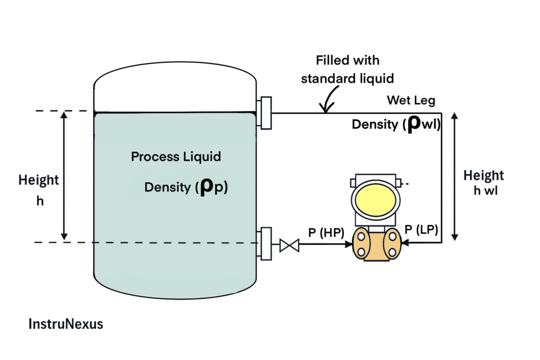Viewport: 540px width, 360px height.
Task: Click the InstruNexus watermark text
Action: pos(65,324)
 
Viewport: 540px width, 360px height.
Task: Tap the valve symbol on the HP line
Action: pos(288,245)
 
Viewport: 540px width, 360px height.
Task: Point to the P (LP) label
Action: pos(422,229)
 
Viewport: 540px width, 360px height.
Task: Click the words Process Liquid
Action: pos(176,157)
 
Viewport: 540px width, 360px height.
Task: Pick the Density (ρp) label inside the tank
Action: pos(186,187)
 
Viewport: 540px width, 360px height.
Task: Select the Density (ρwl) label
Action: pos(396,124)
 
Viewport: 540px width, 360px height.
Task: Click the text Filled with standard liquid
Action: pos(348,70)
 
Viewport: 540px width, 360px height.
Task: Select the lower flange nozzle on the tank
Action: pos(265,243)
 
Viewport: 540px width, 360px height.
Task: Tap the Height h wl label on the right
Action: pos(484,182)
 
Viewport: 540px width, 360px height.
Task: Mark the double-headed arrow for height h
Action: pos(64,176)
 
